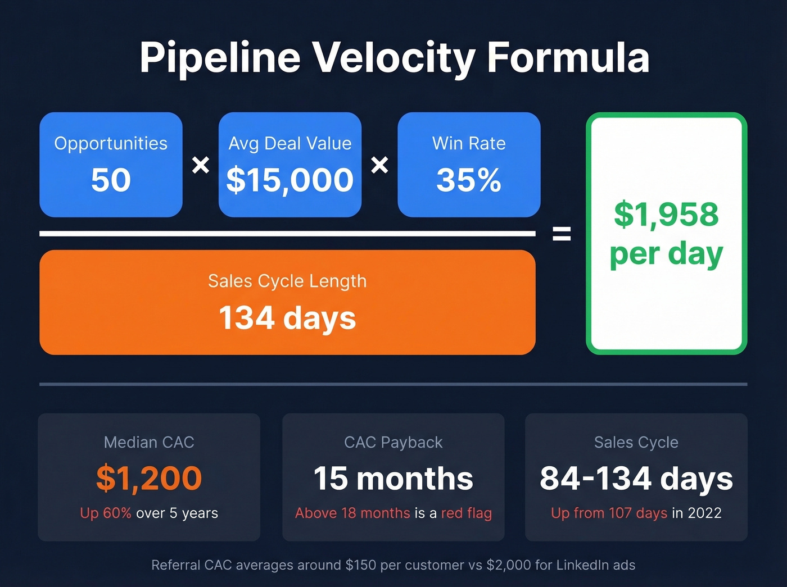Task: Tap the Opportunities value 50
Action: (111, 180)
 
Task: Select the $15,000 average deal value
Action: (290, 180)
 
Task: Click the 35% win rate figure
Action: (469, 180)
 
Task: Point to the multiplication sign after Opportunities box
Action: (201, 165)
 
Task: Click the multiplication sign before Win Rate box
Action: (379, 165)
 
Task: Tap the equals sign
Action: (562, 233)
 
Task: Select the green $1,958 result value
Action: (666, 215)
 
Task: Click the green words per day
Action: (666, 254)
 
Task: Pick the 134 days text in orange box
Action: (287, 318)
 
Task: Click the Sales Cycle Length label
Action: (287, 281)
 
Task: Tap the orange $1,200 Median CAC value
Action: (149, 478)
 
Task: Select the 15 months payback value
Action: (393, 479)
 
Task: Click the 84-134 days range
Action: (636, 479)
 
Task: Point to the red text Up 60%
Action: (106, 513)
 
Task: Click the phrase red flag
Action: (467, 513)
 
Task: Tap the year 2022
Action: (704, 513)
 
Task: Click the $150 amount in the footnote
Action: (361, 565)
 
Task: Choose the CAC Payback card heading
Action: (393, 443)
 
